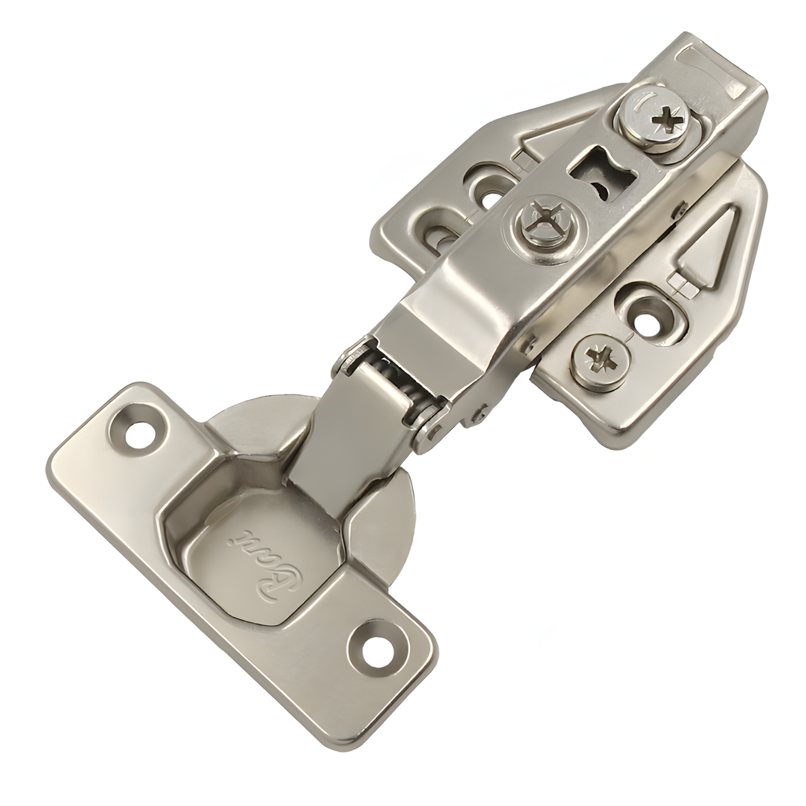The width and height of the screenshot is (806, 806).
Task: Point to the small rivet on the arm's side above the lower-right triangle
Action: pyautogui.click(x=678, y=211)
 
